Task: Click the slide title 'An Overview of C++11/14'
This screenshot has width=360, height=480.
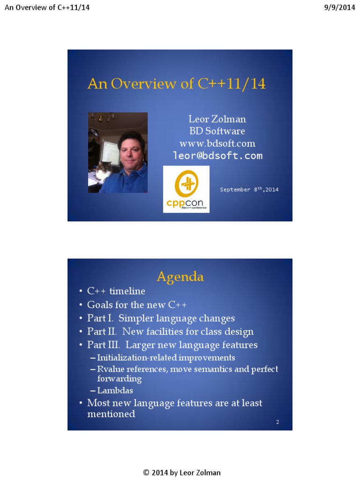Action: tap(176, 84)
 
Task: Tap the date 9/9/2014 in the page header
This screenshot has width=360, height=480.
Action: tap(339, 7)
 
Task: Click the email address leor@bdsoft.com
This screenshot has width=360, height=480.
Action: tap(217, 156)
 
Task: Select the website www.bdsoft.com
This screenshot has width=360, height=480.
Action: tap(217, 143)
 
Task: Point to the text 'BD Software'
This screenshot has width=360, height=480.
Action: tap(217, 131)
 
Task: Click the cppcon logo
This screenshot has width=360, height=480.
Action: tap(186, 189)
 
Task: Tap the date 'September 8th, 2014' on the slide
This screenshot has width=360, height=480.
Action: tap(249, 189)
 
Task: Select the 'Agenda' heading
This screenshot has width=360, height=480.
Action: tap(180, 277)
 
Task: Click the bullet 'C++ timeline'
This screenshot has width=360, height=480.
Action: tap(116, 291)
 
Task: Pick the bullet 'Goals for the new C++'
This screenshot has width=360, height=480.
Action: tap(137, 305)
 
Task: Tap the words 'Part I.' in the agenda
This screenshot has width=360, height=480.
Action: tap(100, 318)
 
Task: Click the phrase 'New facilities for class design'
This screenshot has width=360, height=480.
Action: tap(187, 332)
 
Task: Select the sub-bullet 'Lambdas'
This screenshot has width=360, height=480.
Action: tap(115, 390)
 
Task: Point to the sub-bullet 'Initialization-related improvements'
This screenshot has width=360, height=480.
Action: tap(166, 358)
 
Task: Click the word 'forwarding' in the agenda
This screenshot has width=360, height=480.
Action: tap(119, 378)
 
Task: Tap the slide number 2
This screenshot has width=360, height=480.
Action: tap(277, 422)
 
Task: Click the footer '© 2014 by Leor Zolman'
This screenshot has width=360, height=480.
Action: tap(181, 472)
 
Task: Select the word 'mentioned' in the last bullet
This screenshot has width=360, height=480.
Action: tap(111, 414)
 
